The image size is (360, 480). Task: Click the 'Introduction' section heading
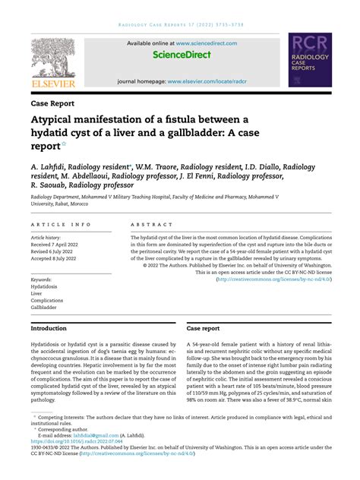click(x=49, y=329)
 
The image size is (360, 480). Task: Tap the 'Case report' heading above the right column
click(x=204, y=329)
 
